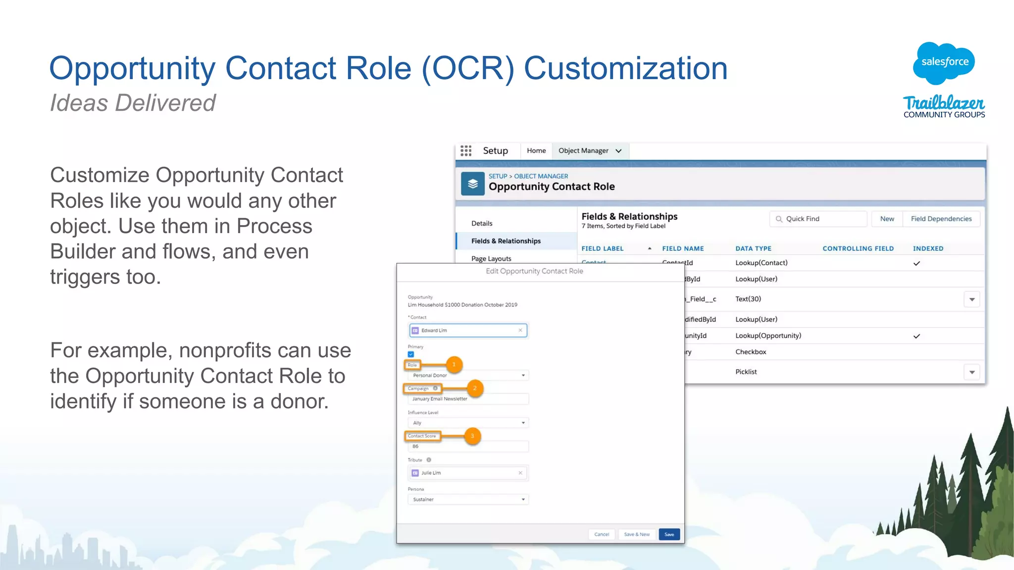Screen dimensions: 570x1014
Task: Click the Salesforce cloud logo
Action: point(944,62)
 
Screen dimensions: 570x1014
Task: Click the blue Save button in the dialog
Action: point(669,534)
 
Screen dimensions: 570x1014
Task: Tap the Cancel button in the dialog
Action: point(602,534)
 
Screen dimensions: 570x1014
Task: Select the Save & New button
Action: point(637,534)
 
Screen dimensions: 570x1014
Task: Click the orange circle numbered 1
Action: point(454,365)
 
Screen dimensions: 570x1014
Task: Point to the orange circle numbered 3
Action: point(472,436)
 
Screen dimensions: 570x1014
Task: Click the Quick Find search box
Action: point(818,219)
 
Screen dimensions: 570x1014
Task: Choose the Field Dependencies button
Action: point(941,219)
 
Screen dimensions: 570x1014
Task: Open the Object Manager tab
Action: point(589,151)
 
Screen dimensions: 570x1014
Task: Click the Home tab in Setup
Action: point(536,151)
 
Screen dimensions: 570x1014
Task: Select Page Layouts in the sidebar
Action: point(491,258)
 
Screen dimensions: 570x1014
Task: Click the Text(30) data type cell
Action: point(748,299)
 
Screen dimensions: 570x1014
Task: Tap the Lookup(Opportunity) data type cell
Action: point(768,335)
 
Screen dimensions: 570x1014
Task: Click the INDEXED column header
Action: point(928,248)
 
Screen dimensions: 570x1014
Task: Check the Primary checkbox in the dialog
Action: point(411,354)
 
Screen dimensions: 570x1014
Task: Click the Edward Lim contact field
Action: point(467,331)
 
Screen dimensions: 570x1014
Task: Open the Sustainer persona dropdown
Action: point(468,500)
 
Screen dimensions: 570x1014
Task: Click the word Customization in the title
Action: point(625,68)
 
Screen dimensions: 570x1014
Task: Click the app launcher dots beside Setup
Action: point(466,151)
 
